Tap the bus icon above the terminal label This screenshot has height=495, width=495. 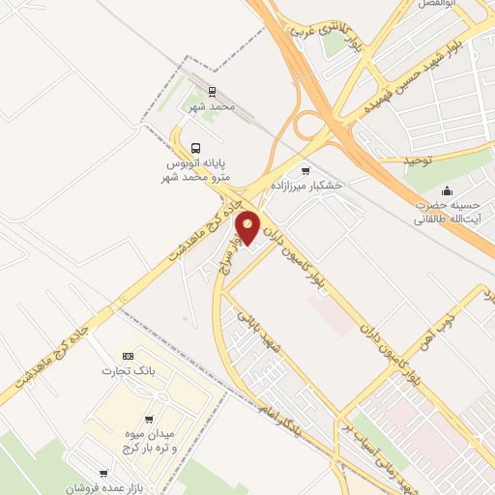pos(196,148)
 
